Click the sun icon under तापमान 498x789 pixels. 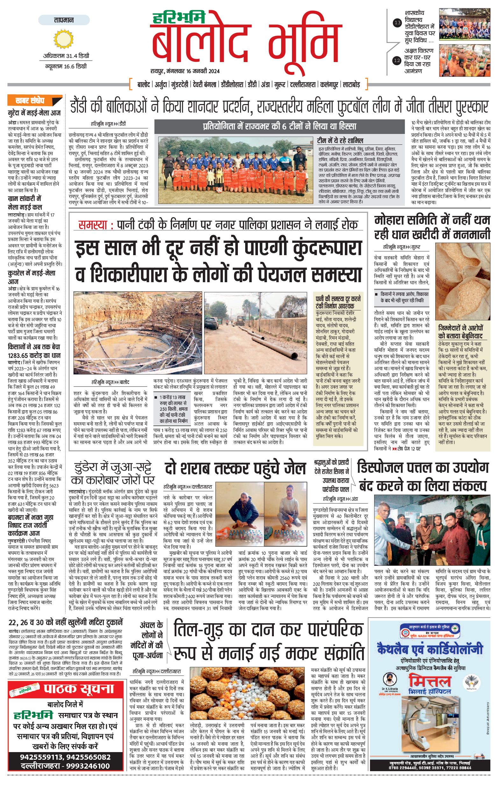click(64, 39)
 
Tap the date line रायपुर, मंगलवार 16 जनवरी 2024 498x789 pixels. click(185, 71)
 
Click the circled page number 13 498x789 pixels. click(397, 23)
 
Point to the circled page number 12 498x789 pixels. click(397, 60)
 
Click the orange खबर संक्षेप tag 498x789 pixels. click(34, 100)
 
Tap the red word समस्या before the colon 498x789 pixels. click(93, 225)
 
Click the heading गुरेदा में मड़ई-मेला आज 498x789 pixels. click(34, 113)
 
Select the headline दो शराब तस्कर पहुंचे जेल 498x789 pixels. click(235, 469)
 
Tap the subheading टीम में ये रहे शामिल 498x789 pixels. click(340, 141)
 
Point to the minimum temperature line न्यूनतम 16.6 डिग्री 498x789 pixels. click(66, 66)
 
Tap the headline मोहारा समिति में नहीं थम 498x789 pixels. click(432, 220)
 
